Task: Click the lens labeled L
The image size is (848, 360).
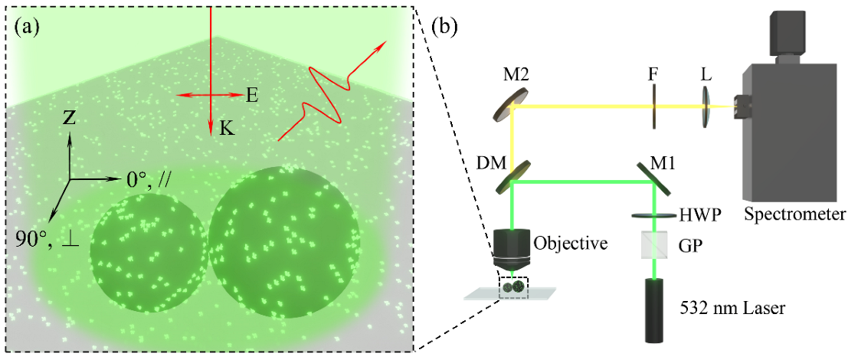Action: tap(708, 106)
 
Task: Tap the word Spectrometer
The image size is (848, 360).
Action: tap(794, 212)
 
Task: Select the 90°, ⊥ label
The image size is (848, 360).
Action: tap(44, 239)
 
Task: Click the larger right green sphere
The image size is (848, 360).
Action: tap(284, 239)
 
